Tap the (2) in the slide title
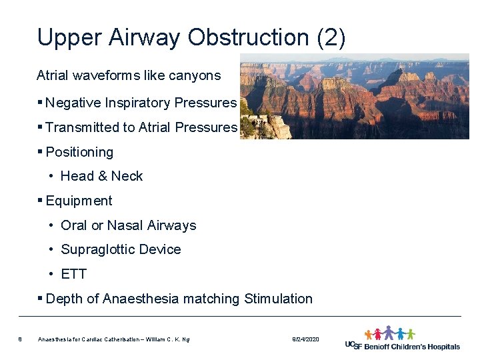pos(331,37)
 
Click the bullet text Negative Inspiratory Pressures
pos(141,103)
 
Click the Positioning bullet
pos(79,152)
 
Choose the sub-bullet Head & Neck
pos(101,176)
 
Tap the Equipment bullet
pos(79,201)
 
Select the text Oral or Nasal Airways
pos(128,225)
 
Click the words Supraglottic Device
pos(121,249)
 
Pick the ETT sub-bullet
pos(73,274)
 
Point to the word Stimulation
pos(278,299)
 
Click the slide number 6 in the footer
pos(21,340)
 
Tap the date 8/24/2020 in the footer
pos(305,340)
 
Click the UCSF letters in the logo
pos(353,345)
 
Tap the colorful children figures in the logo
pos(389,333)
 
